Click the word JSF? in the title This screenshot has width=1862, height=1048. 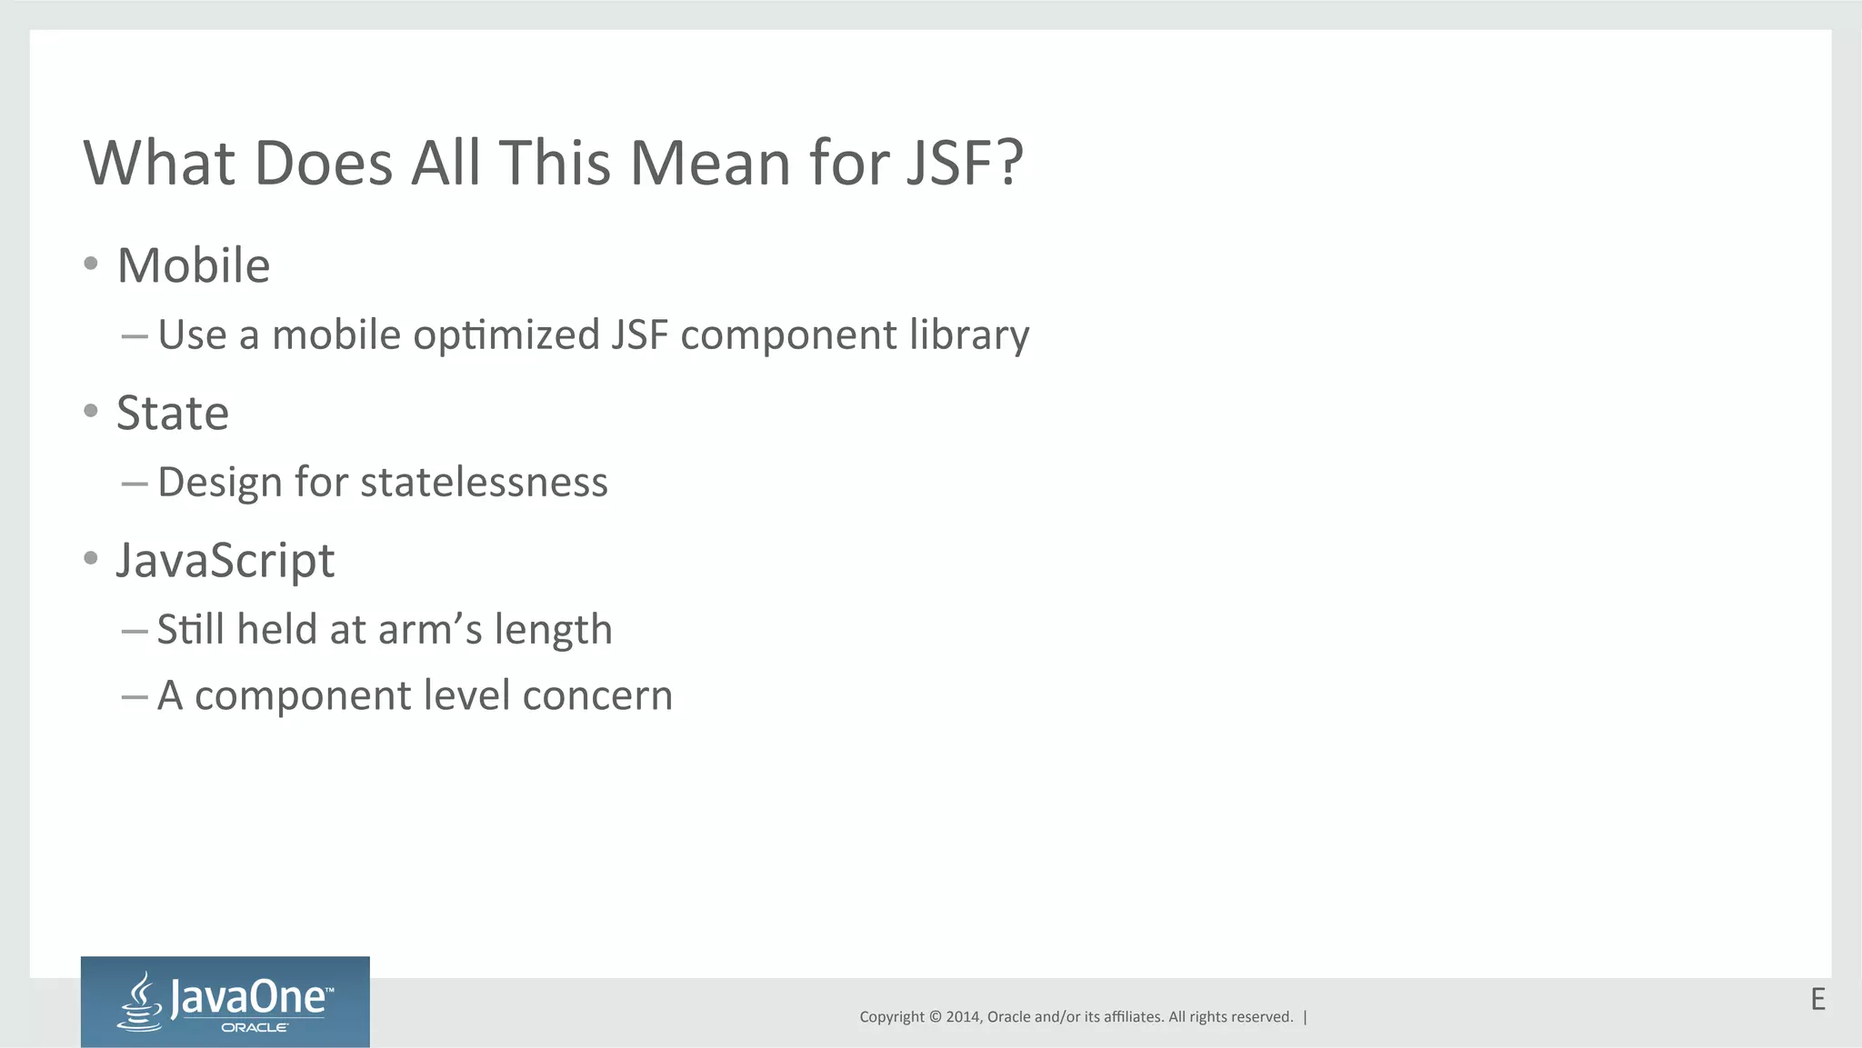point(965,164)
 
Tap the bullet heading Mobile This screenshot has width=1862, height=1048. point(194,265)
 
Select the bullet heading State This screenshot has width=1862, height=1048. point(173,413)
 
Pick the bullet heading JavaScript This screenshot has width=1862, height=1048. point(225,560)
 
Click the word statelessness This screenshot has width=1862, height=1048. point(484,482)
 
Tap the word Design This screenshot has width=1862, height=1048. point(220,482)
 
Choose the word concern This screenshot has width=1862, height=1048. point(597,695)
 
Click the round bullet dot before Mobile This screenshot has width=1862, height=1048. point(90,264)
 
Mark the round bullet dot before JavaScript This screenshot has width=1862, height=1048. point(90,557)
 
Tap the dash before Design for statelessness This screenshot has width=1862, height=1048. point(135,484)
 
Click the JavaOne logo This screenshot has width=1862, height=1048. point(225,1002)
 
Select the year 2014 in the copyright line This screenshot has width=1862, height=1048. point(962,1017)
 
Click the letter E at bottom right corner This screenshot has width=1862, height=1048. point(1817,999)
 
